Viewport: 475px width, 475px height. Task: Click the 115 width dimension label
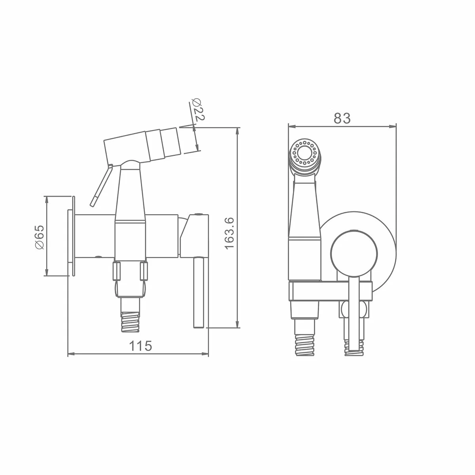(x=141, y=346)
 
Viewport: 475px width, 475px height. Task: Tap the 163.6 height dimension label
(x=230, y=234)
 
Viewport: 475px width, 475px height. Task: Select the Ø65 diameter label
(x=40, y=237)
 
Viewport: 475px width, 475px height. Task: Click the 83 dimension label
(x=342, y=118)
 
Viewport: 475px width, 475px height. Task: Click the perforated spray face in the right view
(x=304, y=153)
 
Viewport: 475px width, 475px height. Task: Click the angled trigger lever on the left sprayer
(x=101, y=185)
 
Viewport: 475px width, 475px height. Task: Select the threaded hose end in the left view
(x=130, y=322)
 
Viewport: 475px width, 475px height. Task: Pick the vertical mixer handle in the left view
(x=199, y=293)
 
